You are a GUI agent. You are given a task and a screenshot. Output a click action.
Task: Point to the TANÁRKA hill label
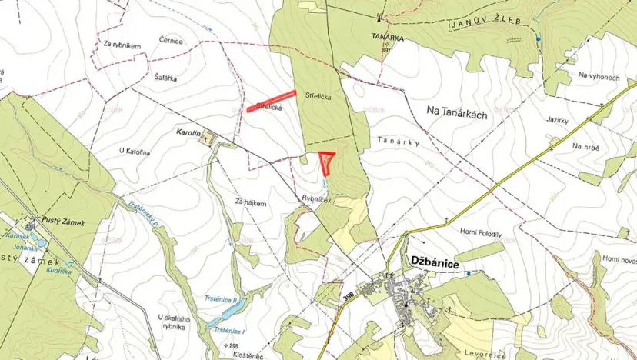tap(386, 35)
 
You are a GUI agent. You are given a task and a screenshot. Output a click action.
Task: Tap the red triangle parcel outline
tap(327, 161)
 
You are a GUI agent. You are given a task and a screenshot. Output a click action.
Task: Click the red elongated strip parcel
tap(272, 102)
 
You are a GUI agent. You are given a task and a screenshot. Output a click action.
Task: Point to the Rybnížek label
tap(316, 199)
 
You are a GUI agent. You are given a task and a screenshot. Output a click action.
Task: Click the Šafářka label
tap(167, 66)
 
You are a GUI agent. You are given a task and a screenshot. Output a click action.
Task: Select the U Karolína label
tap(135, 151)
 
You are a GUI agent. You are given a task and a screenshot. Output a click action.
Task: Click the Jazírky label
tap(556, 122)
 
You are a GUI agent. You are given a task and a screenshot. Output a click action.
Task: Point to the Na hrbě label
tap(585, 146)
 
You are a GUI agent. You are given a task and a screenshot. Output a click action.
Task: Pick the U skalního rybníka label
tap(172, 322)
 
